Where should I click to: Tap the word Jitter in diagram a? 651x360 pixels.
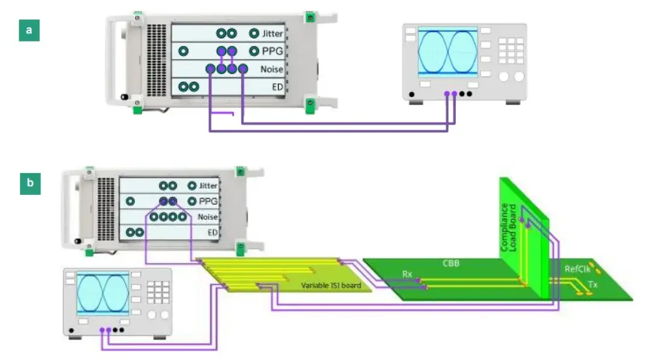tap(272, 34)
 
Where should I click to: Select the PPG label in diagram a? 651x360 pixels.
tap(273, 51)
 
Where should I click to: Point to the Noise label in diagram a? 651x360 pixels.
tap(271, 69)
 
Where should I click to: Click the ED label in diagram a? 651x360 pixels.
tap(277, 87)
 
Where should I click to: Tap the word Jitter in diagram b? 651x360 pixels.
tap(208, 186)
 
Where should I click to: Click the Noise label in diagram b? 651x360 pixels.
tap(207, 216)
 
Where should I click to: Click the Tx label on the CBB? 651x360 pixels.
tap(593, 285)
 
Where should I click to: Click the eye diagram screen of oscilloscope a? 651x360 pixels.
tap(447, 52)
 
